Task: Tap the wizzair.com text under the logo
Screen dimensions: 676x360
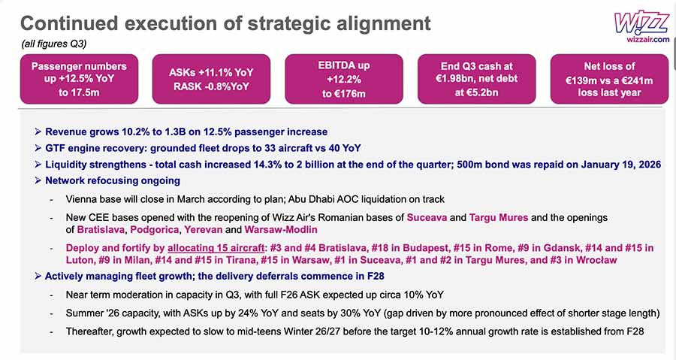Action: [x=648, y=39]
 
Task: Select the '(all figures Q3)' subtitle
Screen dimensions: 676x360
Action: [x=54, y=44]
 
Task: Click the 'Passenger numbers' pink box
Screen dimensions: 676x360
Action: [x=80, y=79]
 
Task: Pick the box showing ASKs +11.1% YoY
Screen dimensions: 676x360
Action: [x=211, y=79]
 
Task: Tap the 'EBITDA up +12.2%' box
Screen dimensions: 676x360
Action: [x=344, y=79]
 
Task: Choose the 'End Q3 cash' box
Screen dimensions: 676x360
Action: [x=477, y=79]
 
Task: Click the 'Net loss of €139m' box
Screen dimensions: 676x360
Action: [x=610, y=79]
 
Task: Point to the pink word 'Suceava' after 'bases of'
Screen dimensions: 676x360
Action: [x=427, y=217]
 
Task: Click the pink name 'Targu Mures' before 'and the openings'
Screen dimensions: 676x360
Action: [x=499, y=217]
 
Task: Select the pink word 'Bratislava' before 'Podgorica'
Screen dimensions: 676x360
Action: [x=101, y=229]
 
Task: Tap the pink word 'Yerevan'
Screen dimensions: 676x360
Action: [x=203, y=229]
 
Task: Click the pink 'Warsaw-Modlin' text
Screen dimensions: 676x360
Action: [x=281, y=229]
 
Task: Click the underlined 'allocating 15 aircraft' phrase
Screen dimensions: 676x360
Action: [x=216, y=248]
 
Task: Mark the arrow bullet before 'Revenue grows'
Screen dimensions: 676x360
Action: [x=38, y=132]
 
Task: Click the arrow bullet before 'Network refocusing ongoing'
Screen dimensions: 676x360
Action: [x=38, y=180]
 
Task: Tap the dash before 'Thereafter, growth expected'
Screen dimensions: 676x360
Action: [x=52, y=332]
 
